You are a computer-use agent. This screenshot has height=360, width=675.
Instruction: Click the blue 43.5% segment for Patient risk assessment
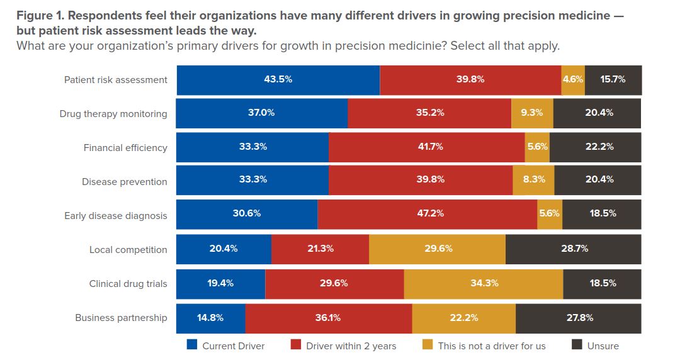click(x=278, y=80)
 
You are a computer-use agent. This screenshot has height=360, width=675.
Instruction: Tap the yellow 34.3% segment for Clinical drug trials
click(x=483, y=283)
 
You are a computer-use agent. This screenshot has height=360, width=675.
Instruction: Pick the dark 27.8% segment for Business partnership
click(x=578, y=317)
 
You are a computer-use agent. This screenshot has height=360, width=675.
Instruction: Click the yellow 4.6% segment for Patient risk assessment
click(x=572, y=80)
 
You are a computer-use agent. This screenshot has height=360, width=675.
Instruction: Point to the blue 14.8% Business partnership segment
click(x=210, y=317)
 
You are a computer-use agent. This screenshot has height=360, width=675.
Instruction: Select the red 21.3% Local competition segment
click(x=320, y=249)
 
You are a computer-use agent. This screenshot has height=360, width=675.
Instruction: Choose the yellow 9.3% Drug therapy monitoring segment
click(x=532, y=113)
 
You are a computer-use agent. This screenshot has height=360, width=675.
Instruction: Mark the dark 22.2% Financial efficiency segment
click(x=595, y=147)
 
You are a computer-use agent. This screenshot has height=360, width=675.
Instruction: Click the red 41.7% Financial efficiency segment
click(x=426, y=147)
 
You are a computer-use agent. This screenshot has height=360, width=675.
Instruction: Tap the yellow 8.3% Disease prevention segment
click(x=533, y=180)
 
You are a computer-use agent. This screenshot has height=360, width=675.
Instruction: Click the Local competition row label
click(x=128, y=250)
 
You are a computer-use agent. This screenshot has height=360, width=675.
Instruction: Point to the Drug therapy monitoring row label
click(x=113, y=114)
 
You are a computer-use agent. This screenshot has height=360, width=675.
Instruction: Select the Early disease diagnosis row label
click(x=116, y=216)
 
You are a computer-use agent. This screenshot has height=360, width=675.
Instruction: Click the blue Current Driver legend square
click(x=192, y=345)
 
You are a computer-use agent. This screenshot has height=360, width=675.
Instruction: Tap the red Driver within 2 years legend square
click(x=296, y=345)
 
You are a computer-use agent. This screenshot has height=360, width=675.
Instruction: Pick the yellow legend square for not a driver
click(x=428, y=345)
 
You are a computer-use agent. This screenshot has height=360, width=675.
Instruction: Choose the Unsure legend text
click(x=603, y=346)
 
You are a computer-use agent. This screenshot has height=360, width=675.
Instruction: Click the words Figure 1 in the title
click(x=37, y=16)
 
